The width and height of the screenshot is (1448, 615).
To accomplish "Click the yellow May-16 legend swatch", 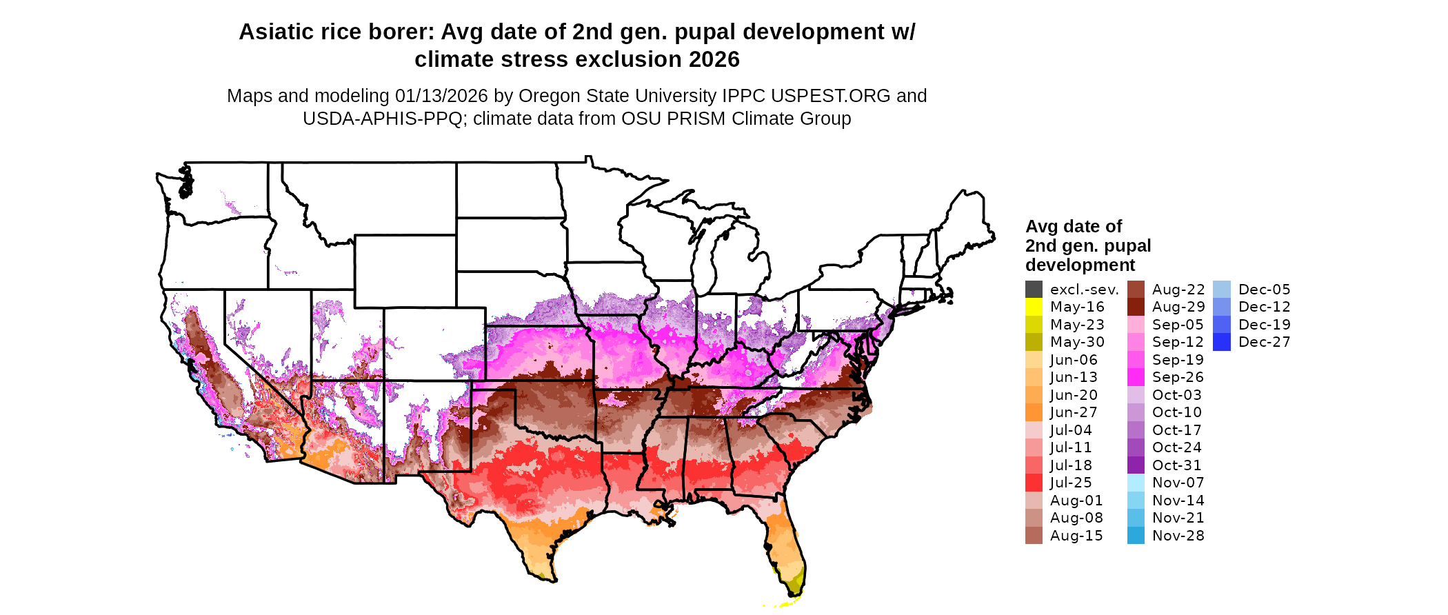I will (1034, 307).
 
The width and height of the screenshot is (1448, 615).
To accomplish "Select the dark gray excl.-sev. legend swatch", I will (1034, 290).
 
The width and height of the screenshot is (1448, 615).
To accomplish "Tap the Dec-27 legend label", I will (1264, 342).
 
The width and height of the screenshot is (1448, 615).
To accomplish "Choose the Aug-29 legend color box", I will (1136, 307).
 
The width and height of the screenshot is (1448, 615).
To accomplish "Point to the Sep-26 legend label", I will (1178, 377).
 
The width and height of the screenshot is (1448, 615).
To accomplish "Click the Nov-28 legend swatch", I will (1136, 536).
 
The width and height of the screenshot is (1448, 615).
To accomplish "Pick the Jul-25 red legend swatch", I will (1034, 483).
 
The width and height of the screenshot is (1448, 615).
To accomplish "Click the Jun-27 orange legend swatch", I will (1034, 412).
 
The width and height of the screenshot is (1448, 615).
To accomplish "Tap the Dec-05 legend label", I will (1264, 290).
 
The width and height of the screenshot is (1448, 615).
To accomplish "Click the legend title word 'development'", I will (1080, 265).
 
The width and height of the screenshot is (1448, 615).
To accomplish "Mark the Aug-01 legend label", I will (1076, 501).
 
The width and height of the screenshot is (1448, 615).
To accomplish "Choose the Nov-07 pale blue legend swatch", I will (1136, 483).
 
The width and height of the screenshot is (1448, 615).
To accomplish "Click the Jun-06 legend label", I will (1074, 360).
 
